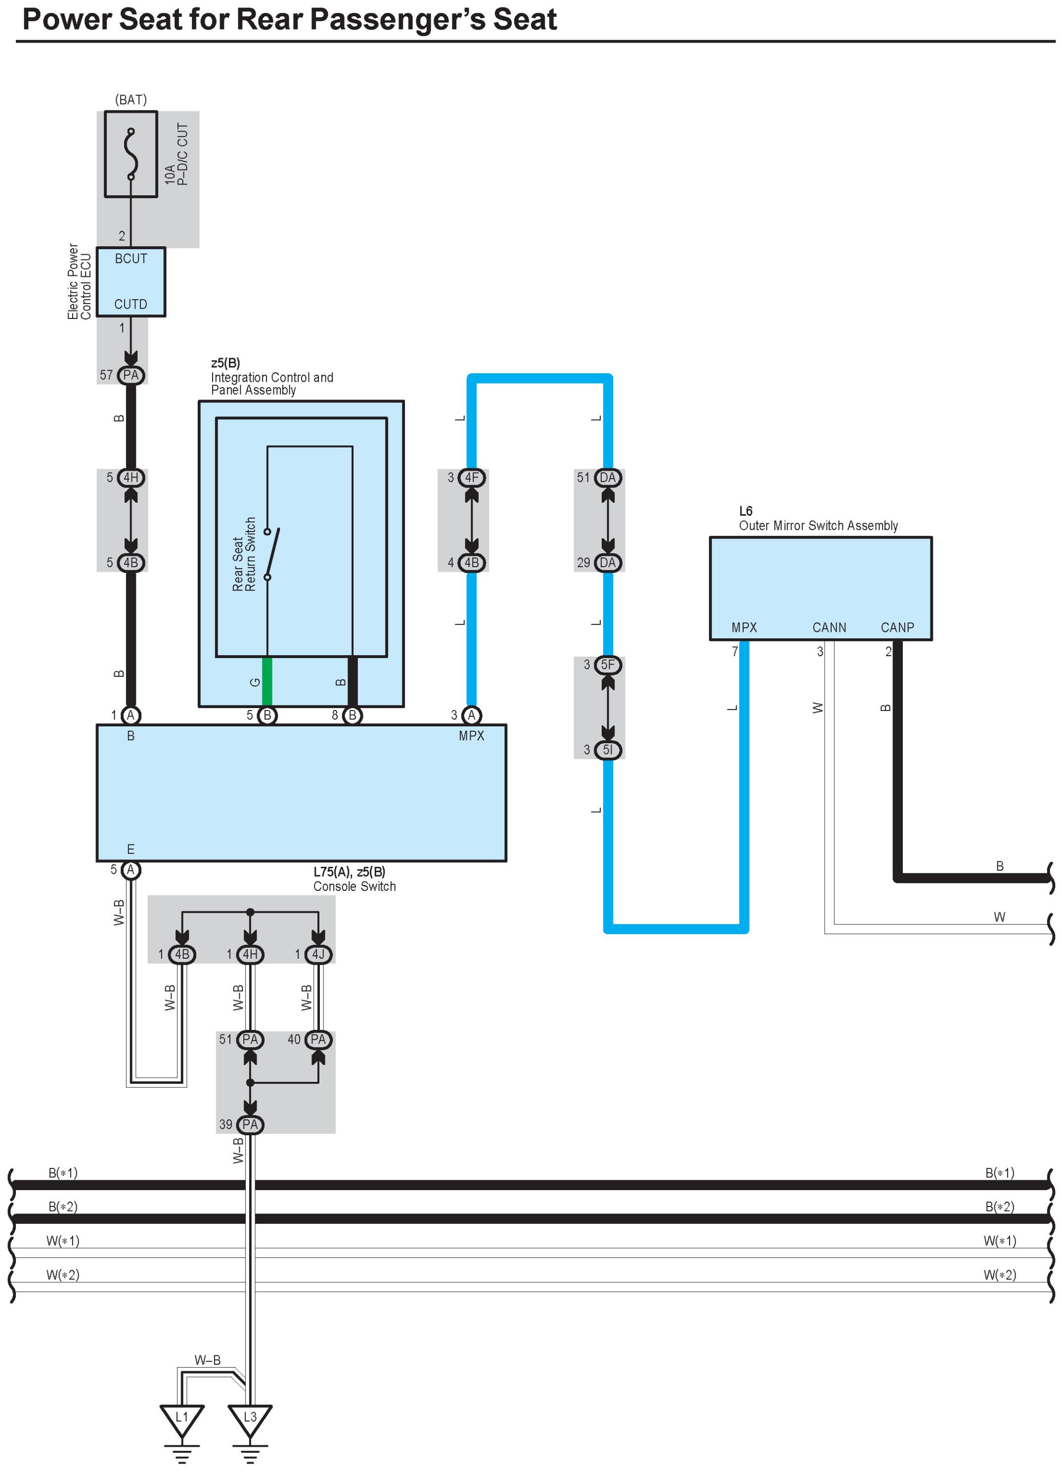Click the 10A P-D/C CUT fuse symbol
(x=131, y=154)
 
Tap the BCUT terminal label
(x=131, y=258)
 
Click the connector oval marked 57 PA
(x=131, y=375)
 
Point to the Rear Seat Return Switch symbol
(x=271, y=554)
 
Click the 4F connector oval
(x=471, y=478)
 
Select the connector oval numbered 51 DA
(x=608, y=478)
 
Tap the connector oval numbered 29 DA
(x=608, y=563)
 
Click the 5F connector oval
(x=608, y=665)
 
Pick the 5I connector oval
(x=608, y=750)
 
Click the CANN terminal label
(x=829, y=627)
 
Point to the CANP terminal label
(x=897, y=627)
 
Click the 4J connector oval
(x=318, y=954)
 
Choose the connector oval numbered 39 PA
(x=250, y=1124)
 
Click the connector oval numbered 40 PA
(x=318, y=1039)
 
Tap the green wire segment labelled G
(x=267, y=681)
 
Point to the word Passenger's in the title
(x=398, y=19)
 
